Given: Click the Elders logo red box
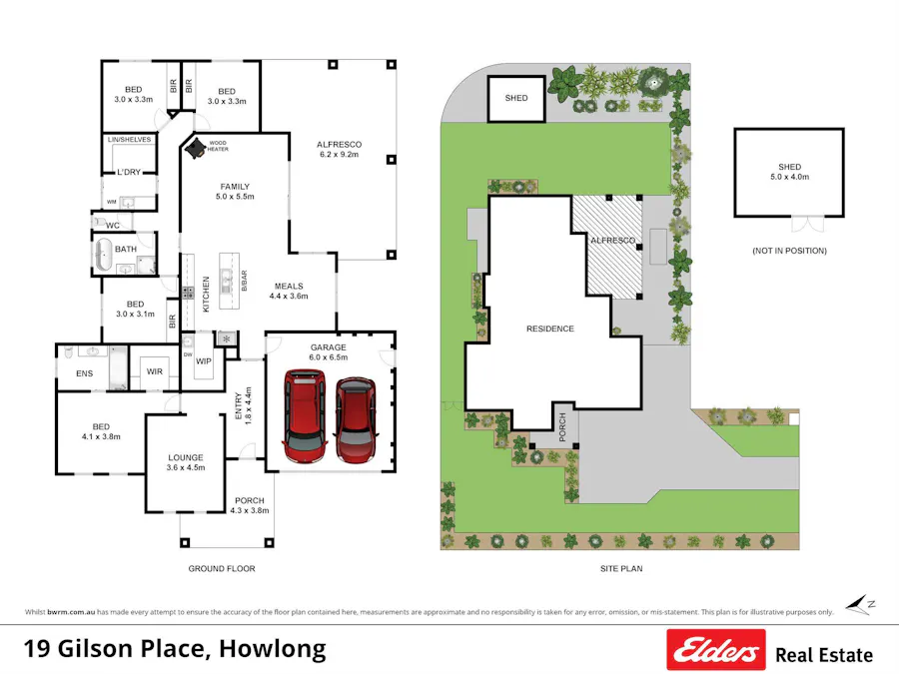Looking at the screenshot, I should click(x=715, y=650).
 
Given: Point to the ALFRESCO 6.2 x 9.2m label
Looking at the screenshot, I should click(x=340, y=150).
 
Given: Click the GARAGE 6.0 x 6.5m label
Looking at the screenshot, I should click(x=329, y=351).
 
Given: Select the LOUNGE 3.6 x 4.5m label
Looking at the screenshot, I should click(x=186, y=462).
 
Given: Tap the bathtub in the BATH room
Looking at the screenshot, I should click(x=105, y=257).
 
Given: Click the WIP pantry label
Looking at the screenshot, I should click(x=203, y=361).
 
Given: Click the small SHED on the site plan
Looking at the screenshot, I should click(x=515, y=99).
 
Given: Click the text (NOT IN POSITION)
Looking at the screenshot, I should click(x=789, y=251).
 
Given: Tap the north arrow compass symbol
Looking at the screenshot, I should click(x=858, y=603).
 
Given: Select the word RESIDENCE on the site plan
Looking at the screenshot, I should click(x=550, y=329).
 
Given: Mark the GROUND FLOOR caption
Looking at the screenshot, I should click(x=222, y=569).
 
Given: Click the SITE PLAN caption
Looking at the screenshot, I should click(x=619, y=569).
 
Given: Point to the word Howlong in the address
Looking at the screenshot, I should click(x=271, y=649).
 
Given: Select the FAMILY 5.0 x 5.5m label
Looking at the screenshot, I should click(x=235, y=192).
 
